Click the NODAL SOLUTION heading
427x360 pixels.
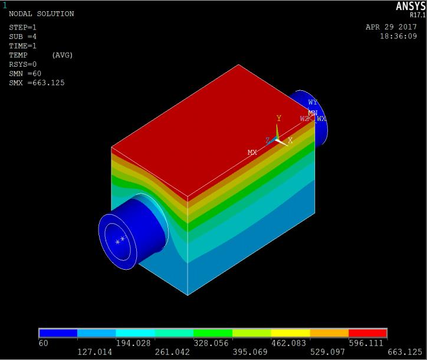(41, 14)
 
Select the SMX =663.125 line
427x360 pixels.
(37, 83)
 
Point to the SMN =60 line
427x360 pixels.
(25, 73)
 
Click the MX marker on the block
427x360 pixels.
(252, 152)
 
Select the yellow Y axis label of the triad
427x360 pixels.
(279, 119)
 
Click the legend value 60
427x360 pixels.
(43, 342)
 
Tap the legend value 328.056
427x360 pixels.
(213, 342)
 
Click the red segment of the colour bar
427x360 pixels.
(368, 333)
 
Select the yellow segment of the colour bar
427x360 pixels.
(290, 333)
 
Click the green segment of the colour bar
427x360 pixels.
(213, 333)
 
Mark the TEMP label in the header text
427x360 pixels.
(19, 55)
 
